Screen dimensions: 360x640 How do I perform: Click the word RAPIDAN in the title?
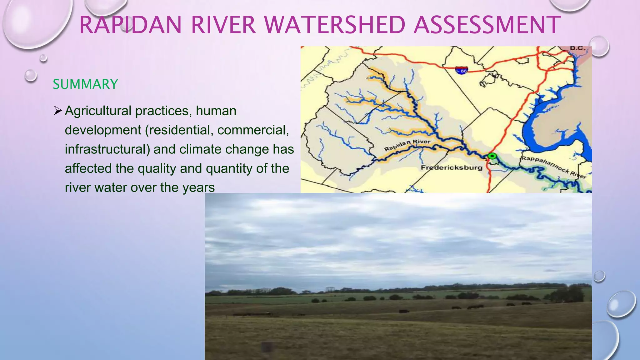tap(130, 25)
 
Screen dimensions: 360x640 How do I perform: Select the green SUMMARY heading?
tap(85, 84)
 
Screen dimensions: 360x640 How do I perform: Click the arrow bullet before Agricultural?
tap(58, 111)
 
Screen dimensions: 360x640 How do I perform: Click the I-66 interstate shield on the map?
tap(462, 70)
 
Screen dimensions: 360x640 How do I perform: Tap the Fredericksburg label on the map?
tap(451, 168)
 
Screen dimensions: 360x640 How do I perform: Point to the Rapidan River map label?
tap(407, 145)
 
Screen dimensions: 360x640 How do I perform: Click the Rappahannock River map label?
tap(553, 167)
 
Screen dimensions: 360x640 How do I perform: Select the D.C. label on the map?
tap(577, 48)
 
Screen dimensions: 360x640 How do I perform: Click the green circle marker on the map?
tap(492, 156)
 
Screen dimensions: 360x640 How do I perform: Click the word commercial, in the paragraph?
tap(253, 130)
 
